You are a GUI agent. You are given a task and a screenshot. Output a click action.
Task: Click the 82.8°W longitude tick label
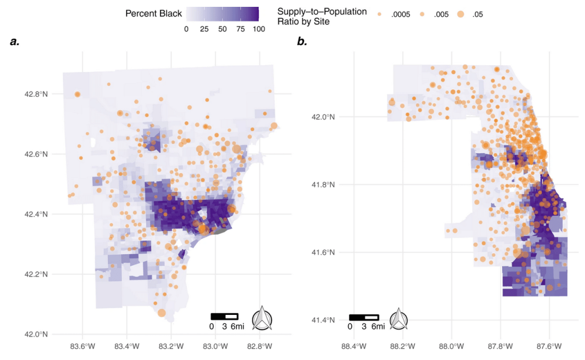pos(260,346)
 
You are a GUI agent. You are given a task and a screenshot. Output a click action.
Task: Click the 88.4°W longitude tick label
pos(352,346)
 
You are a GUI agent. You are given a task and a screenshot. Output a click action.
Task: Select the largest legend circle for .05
pos(461,14)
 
